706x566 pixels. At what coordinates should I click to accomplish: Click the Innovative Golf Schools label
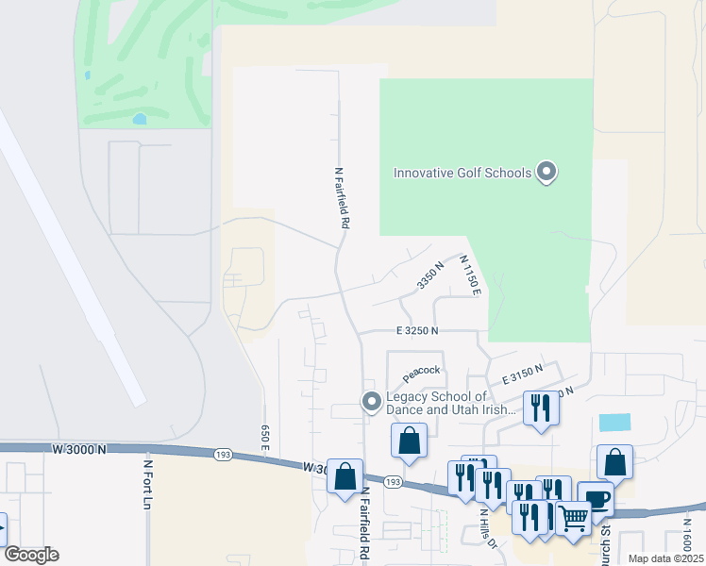[x=462, y=173]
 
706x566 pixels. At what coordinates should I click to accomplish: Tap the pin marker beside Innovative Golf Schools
[x=546, y=173]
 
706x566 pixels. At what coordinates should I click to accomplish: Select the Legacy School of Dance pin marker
[x=372, y=403]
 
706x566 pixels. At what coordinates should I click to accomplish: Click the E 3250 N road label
[x=418, y=331]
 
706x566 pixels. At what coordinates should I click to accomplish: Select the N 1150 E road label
[x=471, y=275]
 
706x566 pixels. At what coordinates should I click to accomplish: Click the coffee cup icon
[x=596, y=499]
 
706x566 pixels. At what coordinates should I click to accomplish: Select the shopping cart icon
[x=572, y=517]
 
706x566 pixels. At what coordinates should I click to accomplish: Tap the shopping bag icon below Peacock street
[x=410, y=441]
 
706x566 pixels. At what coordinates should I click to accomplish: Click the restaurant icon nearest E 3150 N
[x=541, y=408]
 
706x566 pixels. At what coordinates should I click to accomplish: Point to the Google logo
[x=31, y=555]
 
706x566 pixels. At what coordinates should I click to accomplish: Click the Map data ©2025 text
[x=665, y=558]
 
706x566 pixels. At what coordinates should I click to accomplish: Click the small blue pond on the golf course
[x=140, y=120]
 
